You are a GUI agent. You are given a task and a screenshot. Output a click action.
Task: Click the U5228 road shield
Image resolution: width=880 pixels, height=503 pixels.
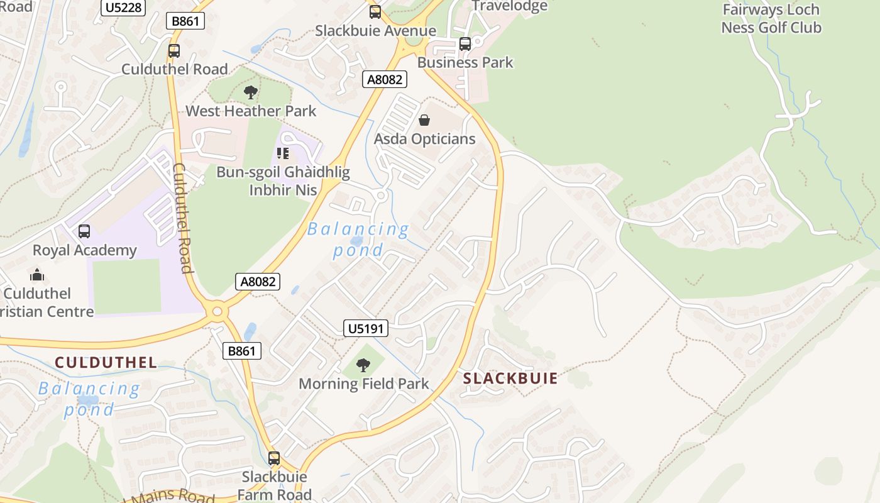click(x=123, y=7)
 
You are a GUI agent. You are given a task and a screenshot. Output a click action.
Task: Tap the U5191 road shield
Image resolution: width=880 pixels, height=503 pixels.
click(x=366, y=328)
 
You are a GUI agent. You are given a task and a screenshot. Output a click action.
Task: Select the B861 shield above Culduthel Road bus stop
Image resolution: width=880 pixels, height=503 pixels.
click(x=185, y=21)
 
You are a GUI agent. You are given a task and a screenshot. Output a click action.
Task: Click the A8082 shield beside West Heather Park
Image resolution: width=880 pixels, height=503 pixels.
click(x=385, y=79)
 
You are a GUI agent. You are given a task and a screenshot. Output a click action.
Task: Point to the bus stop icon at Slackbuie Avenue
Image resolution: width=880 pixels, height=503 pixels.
click(x=375, y=12)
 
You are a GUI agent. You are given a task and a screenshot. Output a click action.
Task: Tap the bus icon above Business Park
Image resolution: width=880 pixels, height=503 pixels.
click(x=465, y=44)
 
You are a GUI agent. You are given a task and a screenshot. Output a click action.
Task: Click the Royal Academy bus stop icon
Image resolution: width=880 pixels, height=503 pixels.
click(x=84, y=231)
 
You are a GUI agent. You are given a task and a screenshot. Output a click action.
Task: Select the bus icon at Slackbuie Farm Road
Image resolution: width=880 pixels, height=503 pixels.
click(x=273, y=458)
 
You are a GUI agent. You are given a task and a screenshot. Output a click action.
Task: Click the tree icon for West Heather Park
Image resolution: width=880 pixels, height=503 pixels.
click(x=251, y=93)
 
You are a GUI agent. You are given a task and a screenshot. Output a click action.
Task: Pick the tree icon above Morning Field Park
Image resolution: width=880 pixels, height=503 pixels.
click(x=363, y=365)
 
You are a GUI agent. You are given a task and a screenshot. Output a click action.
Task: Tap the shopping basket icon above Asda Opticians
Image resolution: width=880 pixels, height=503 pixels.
click(x=424, y=120)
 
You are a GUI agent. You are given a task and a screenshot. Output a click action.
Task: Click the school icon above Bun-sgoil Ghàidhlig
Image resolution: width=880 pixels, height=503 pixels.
click(x=283, y=153)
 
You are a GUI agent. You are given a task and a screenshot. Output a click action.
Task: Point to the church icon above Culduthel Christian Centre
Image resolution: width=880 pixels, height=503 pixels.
click(x=37, y=275)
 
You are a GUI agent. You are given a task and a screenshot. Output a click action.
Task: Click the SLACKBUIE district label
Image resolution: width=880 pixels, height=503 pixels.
click(x=510, y=379)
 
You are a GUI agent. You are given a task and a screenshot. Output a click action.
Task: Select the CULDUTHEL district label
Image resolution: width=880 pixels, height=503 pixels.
click(x=106, y=362)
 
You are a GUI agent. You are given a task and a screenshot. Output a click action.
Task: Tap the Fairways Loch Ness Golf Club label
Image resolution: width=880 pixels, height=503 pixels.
click(x=771, y=19)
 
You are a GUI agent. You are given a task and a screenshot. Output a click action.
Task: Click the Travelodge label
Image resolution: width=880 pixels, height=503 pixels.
click(x=509, y=6)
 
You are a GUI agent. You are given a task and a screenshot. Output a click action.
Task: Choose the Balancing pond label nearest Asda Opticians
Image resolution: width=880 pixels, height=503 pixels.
click(x=358, y=240)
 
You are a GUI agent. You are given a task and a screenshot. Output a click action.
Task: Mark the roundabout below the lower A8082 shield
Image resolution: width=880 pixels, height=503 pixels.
click(x=217, y=311)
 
